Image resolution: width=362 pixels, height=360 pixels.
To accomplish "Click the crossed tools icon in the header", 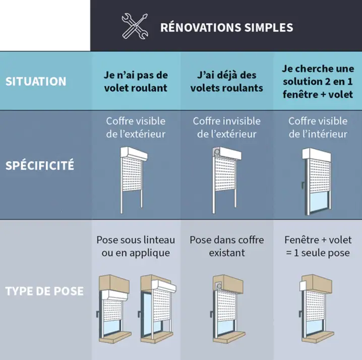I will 135,26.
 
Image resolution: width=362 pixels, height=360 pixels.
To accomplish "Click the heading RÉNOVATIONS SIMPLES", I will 226,27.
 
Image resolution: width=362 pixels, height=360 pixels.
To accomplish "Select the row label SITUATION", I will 36,81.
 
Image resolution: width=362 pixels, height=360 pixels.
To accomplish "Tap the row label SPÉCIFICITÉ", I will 40,165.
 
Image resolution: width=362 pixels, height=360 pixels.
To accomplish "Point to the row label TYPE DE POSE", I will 44,291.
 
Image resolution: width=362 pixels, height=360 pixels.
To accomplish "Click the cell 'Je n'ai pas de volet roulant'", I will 136,81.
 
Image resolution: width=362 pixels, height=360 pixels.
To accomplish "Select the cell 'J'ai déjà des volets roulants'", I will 227,81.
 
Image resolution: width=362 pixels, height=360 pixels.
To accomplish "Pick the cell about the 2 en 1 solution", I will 318,81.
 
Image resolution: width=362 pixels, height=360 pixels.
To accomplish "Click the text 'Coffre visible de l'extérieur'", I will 136,127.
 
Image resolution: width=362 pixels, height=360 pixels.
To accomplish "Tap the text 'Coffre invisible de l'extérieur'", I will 227,127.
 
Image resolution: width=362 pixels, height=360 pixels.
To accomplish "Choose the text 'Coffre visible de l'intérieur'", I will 318,127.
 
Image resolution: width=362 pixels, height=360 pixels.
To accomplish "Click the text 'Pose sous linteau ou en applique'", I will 136,246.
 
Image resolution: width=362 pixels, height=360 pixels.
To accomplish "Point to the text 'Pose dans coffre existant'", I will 227,246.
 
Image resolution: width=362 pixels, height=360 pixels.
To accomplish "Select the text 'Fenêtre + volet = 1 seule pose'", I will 318,246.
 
